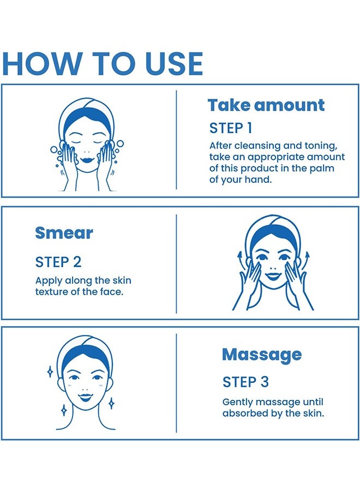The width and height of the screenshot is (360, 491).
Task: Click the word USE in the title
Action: tap(174, 64)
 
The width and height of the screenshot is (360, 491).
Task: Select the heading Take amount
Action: tap(266, 105)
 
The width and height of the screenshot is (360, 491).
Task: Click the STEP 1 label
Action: tap(230, 128)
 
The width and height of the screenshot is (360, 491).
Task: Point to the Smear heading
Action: tap(64, 233)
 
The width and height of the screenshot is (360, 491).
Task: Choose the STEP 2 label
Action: tap(58, 262)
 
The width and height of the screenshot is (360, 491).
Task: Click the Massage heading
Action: tap(262, 355)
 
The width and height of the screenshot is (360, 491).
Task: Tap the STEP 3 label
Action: tap(245, 382)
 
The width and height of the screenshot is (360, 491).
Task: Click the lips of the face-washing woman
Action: tap(86, 159)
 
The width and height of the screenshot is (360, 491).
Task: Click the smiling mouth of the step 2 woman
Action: tap(273, 276)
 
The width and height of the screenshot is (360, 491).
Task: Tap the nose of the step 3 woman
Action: tap(85, 387)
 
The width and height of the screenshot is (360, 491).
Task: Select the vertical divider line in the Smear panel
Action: tap(176, 264)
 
